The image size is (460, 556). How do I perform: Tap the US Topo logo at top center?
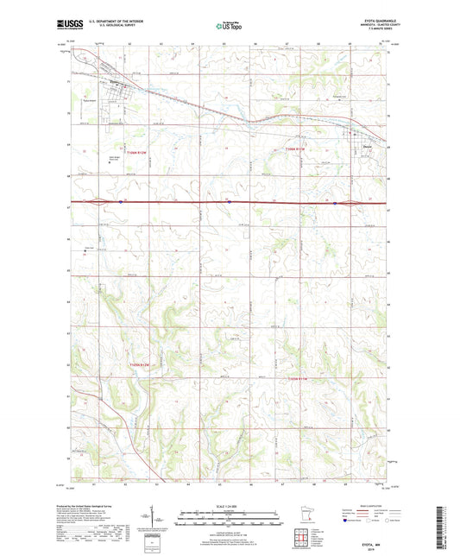(229, 27)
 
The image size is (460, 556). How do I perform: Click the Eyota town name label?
(114, 84)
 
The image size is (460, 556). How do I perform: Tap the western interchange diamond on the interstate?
(102, 202)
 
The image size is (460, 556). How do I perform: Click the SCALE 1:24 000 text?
(229, 506)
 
